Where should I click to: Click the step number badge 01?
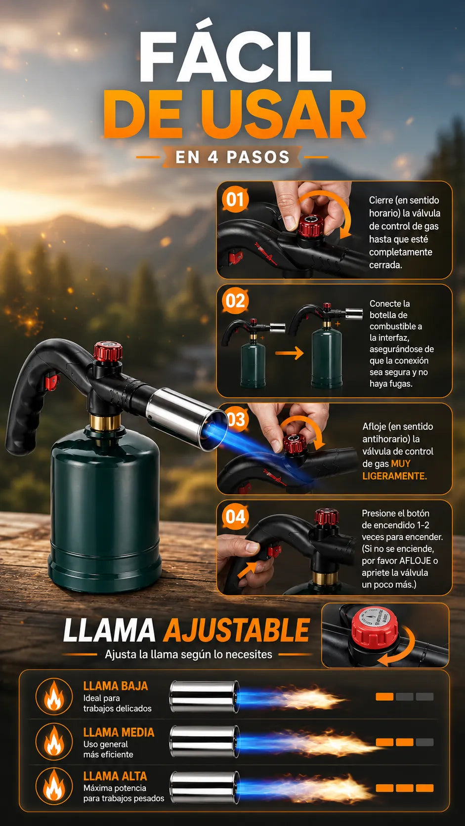click(x=235, y=200)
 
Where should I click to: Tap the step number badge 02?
click(x=235, y=301)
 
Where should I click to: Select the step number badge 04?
click(x=235, y=516)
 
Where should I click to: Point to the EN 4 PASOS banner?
click(x=232, y=157)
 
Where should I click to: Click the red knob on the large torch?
click(x=108, y=351)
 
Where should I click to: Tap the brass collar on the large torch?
click(x=105, y=422)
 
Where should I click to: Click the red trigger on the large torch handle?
click(x=51, y=381)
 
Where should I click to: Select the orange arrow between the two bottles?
click(x=289, y=353)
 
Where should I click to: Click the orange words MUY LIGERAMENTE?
click(x=394, y=469)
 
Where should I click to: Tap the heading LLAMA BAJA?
click(x=116, y=686)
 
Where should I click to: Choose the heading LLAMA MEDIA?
click(x=119, y=732)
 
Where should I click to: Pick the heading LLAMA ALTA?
click(x=115, y=776)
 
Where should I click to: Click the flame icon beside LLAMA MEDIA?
click(x=54, y=741)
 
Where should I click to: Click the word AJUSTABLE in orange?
click(x=236, y=630)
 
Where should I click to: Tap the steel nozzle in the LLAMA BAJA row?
click(x=204, y=697)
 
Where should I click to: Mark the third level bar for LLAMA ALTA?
click(x=424, y=788)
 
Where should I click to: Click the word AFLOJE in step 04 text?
click(x=415, y=561)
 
